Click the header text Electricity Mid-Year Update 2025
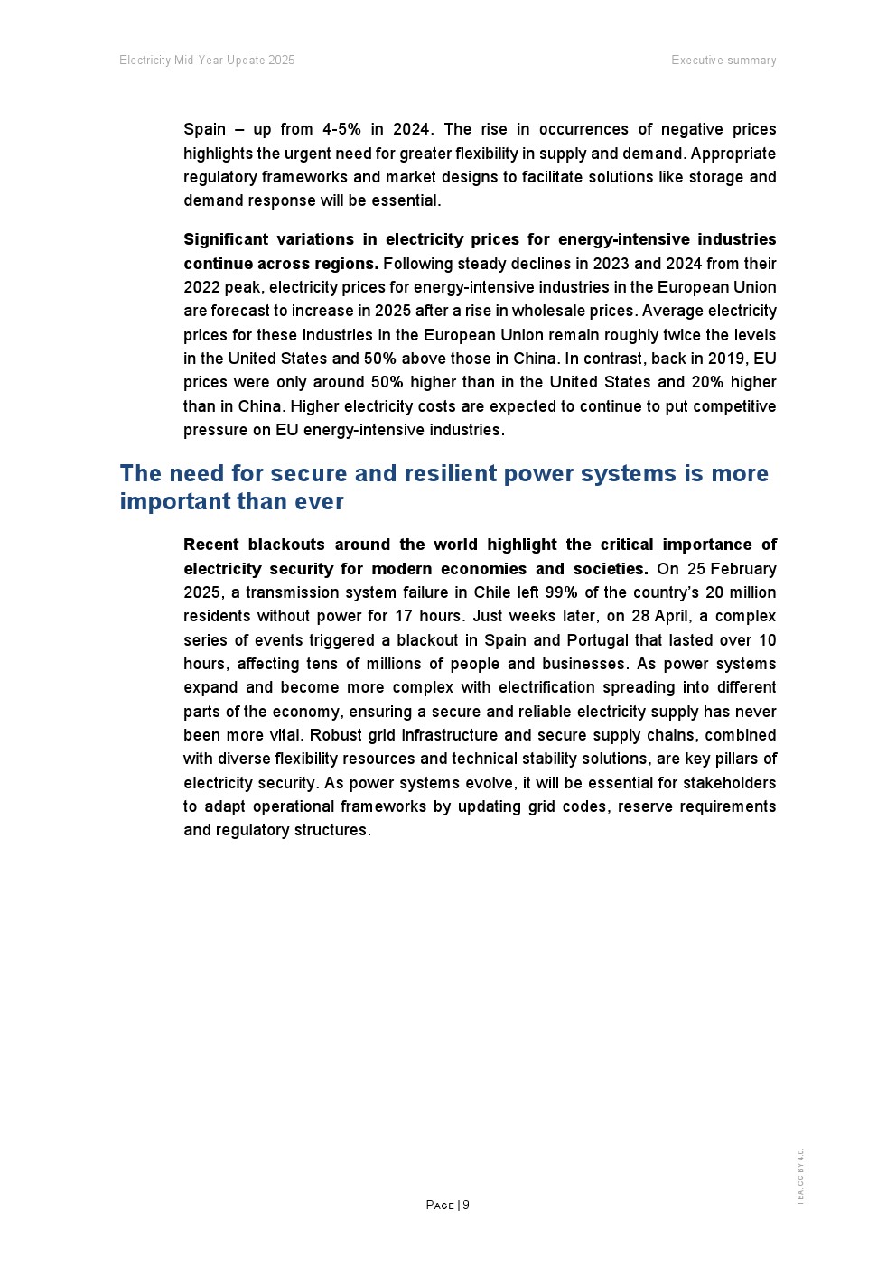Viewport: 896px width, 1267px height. click(x=207, y=61)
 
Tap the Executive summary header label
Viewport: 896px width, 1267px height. click(x=723, y=61)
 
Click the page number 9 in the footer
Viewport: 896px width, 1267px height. click(x=466, y=1205)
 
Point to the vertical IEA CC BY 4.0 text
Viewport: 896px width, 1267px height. click(x=800, y=1176)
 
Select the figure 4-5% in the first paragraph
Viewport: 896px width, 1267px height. click(x=341, y=129)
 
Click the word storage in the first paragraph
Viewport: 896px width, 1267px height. click(x=717, y=177)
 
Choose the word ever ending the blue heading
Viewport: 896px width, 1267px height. click(x=320, y=501)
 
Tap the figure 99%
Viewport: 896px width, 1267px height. click(x=561, y=592)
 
